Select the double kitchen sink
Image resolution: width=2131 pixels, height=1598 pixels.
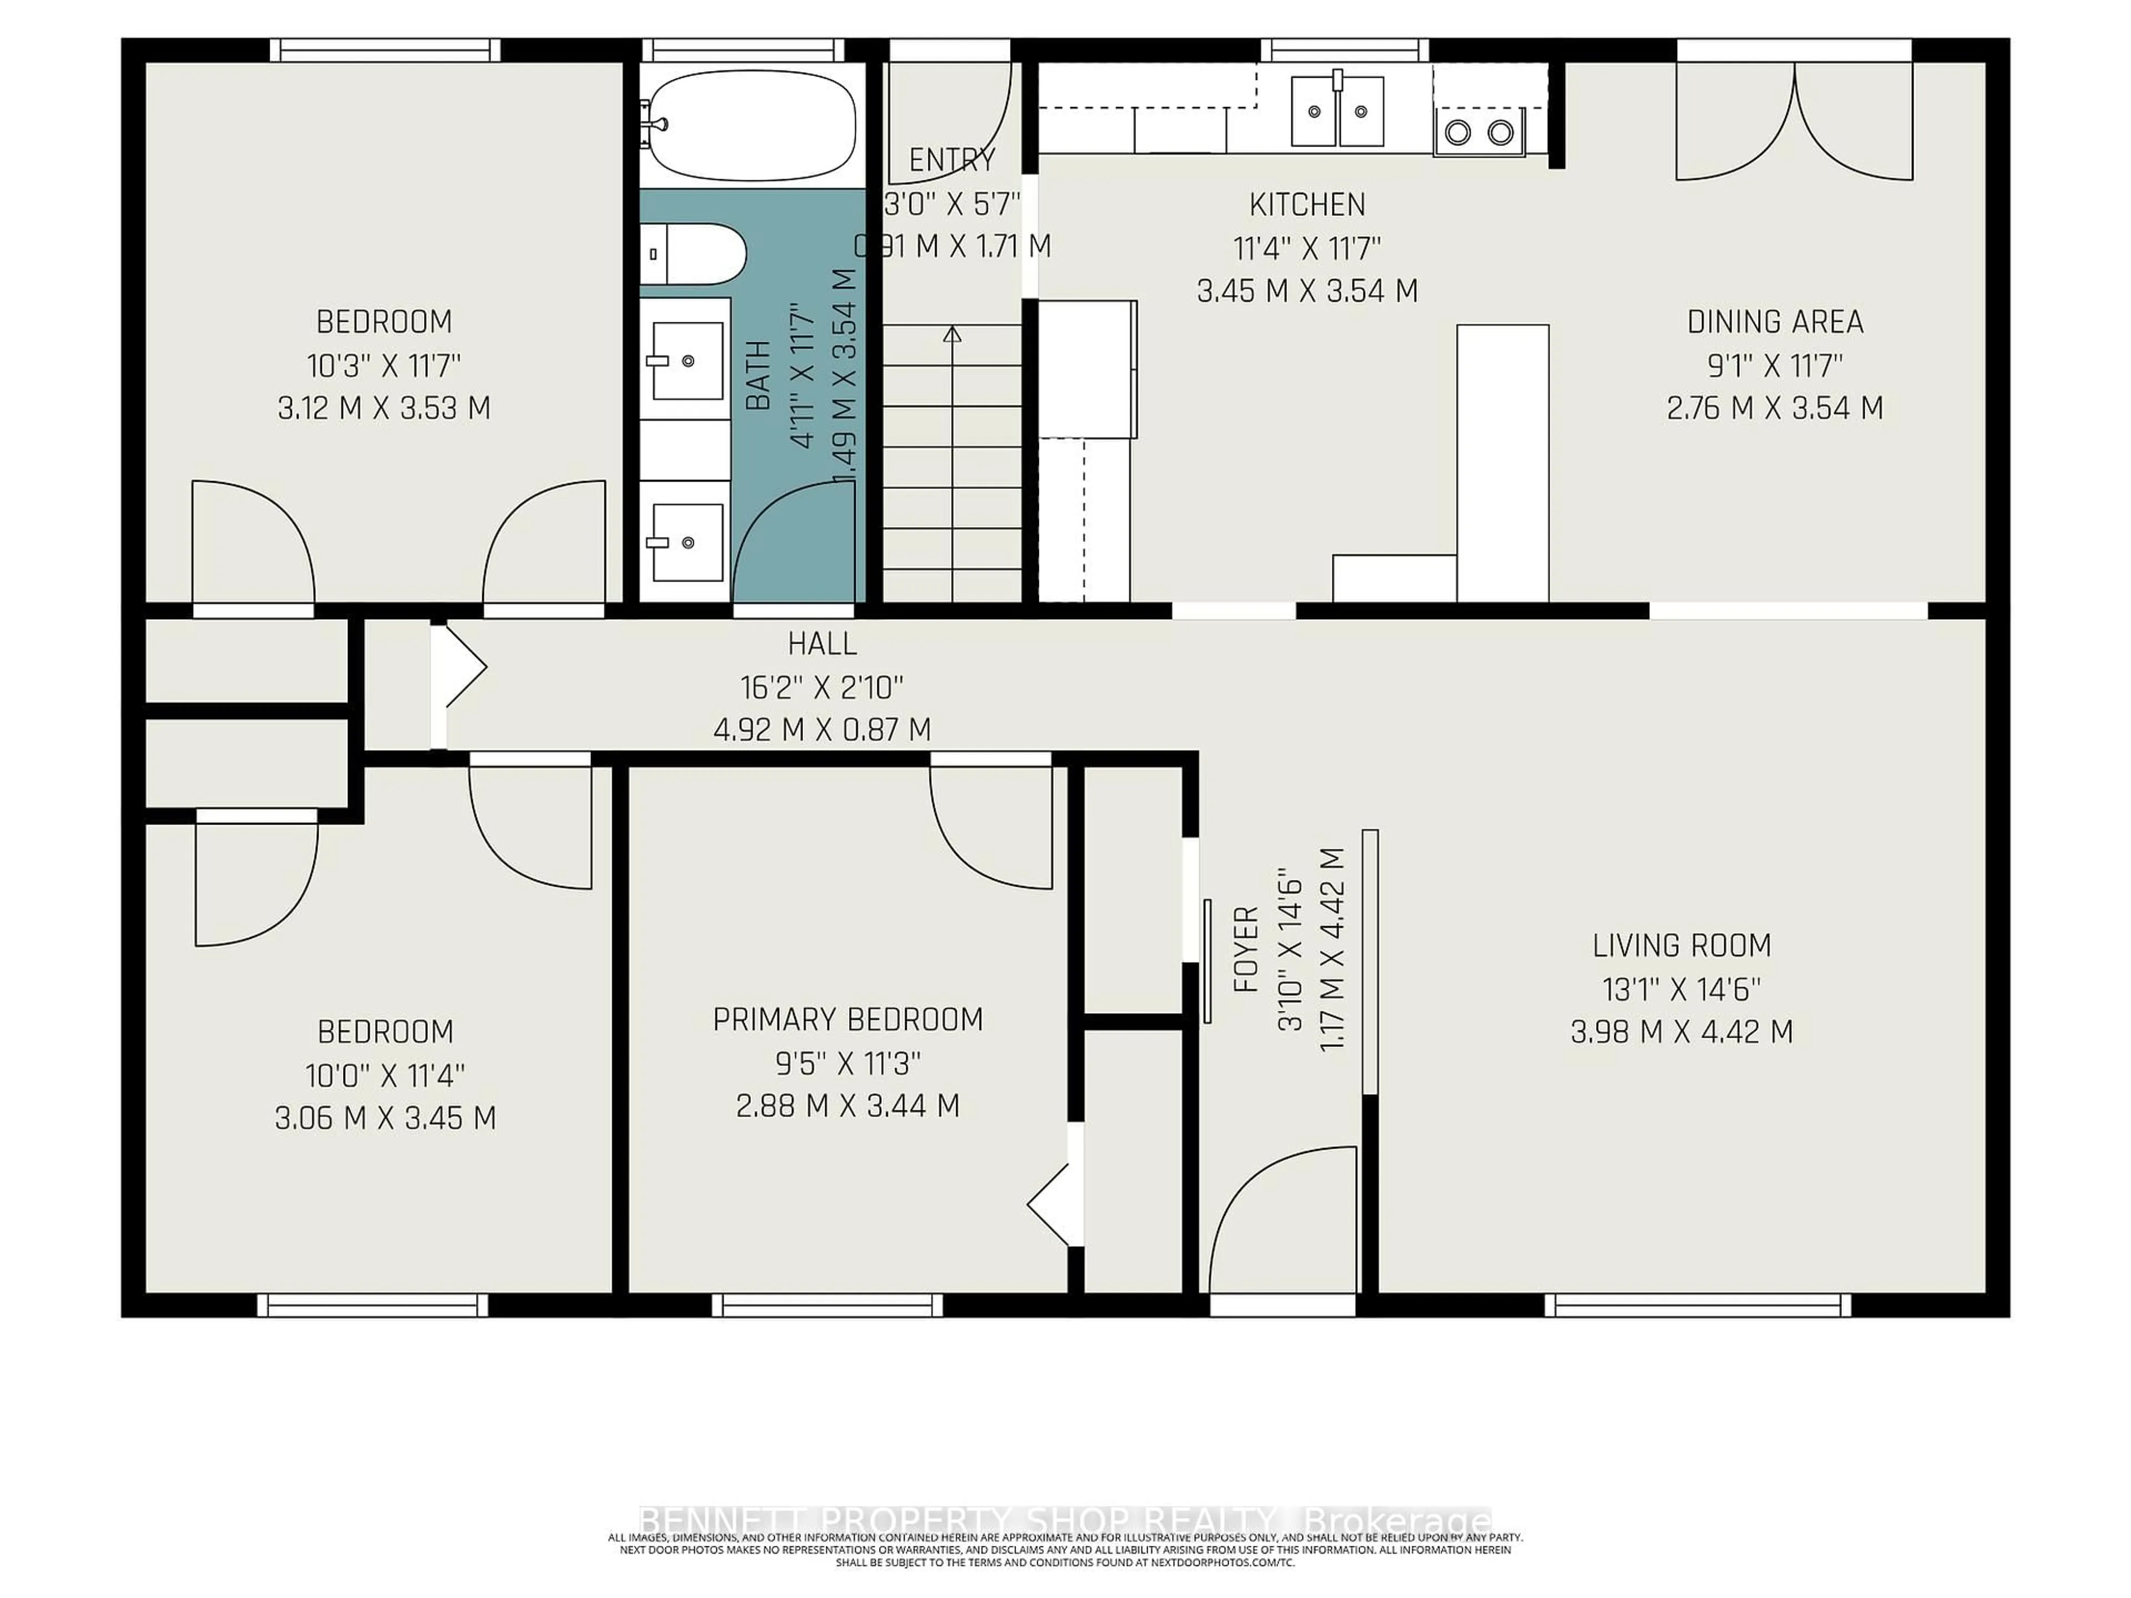[1337, 112]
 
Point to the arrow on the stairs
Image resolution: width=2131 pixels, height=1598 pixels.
[952, 335]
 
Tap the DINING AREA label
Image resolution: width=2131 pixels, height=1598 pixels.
[1775, 322]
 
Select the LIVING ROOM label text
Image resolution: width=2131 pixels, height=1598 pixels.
[1681, 946]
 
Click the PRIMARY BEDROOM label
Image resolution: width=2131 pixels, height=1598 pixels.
[848, 1019]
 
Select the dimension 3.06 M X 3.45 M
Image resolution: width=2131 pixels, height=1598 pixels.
[385, 1118]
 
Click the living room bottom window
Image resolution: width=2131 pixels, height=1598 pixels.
[1698, 1305]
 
